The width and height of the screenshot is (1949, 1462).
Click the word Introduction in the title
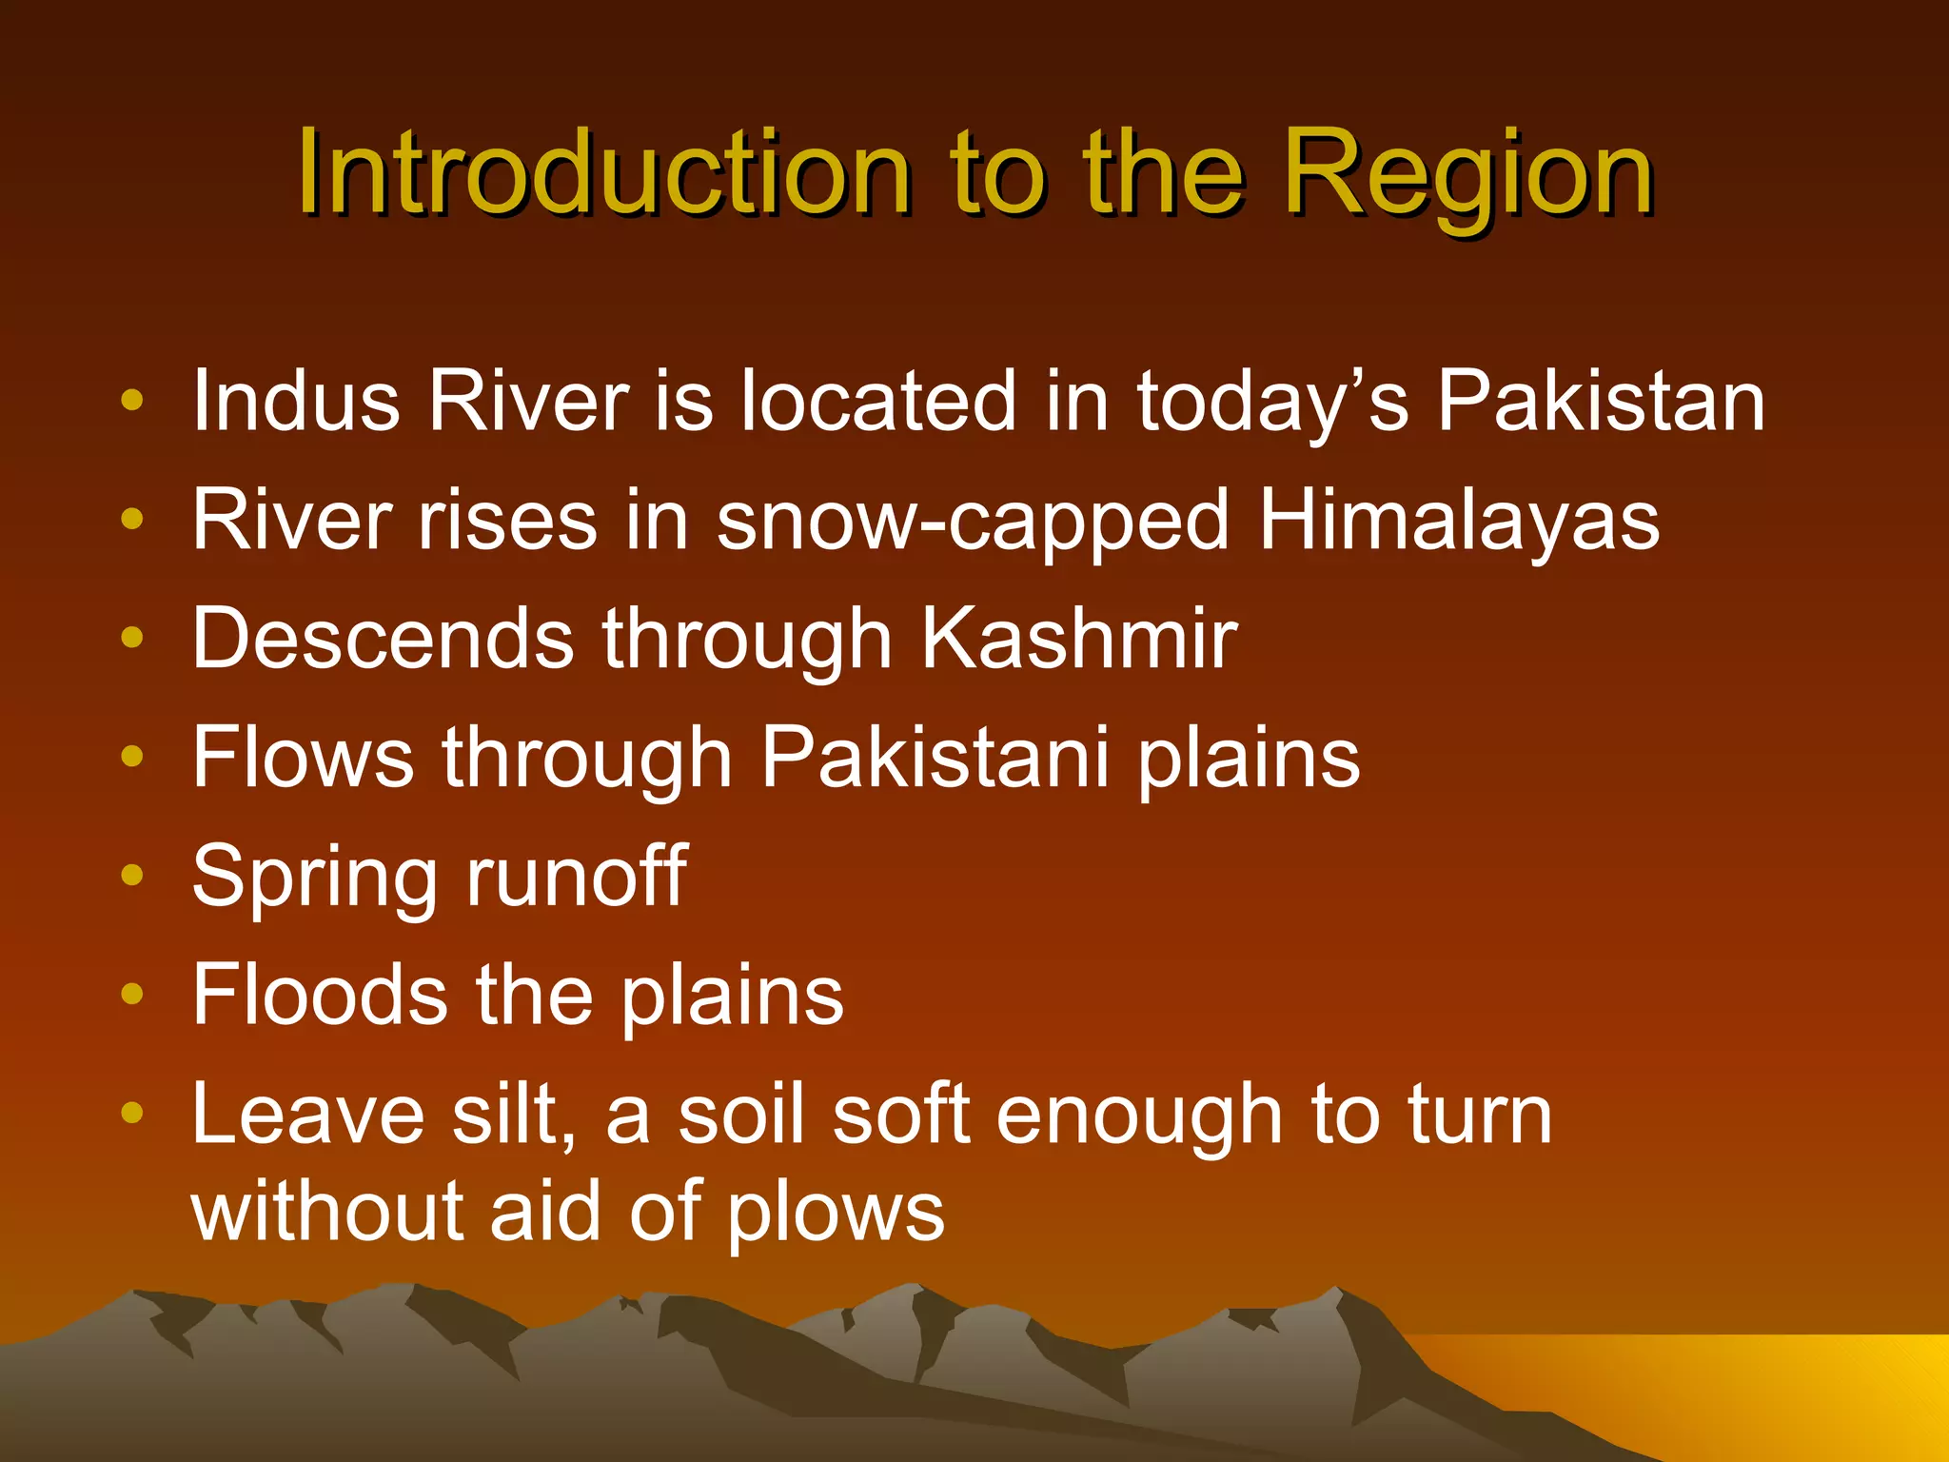(604, 173)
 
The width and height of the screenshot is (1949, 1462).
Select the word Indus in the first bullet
(296, 401)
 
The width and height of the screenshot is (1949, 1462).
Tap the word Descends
(383, 639)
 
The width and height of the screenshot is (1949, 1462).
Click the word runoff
(577, 876)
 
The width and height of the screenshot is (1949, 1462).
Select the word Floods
(320, 995)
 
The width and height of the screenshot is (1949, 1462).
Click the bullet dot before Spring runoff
(132, 875)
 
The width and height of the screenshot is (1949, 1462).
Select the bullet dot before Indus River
(132, 400)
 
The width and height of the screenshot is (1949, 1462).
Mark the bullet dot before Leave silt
(132, 1112)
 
